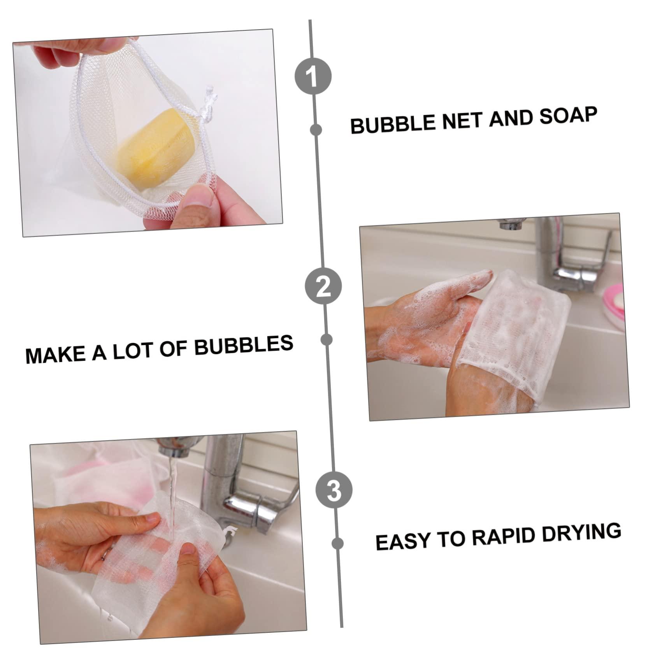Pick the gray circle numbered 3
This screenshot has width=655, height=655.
[334, 490]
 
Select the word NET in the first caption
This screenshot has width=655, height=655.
[459, 120]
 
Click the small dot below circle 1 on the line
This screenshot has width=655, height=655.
[316, 130]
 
